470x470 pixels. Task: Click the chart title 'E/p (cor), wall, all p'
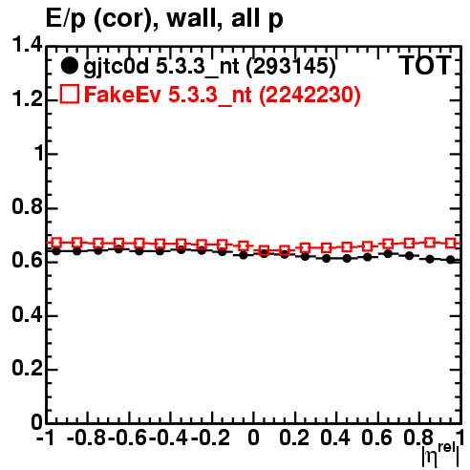coord(164,19)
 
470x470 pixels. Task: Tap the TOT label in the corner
coord(425,65)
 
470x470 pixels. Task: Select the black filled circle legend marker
coord(69,66)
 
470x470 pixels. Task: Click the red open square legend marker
coord(69,94)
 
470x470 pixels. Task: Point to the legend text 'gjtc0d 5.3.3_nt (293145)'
coord(209,67)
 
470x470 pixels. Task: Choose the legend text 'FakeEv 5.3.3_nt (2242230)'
coord(223,95)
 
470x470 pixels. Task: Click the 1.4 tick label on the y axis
coord(27,46)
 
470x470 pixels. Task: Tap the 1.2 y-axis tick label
coord(27,99)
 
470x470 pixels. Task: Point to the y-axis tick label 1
coord(38,154)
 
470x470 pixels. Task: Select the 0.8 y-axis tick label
coord(27,207)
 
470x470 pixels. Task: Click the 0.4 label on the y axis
coord(27,314)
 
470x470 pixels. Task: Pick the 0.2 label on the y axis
coord(27,369)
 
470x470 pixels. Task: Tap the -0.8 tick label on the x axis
coord(86,438)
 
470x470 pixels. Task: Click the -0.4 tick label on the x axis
coord(168,438)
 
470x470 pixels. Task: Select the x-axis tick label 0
coord(253,438)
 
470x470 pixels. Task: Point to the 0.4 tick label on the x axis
coord(335,438)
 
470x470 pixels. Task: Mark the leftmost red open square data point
coord(56,243)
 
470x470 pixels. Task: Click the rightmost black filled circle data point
coord(450,260)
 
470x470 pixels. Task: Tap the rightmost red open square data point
coord(450,243)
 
